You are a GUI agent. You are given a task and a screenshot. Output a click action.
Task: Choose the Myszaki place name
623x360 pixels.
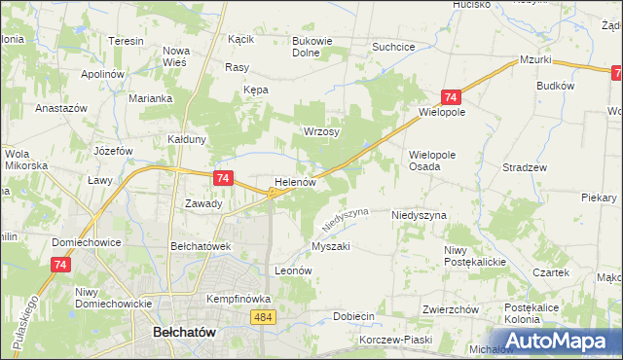pyautogui.click(x=330, y=246)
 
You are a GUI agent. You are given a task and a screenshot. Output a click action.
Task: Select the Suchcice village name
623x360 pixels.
pyautogui.click(x=394, y=47)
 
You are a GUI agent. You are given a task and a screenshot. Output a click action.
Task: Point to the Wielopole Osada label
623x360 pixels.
pyautogui.click(x=438, y=161)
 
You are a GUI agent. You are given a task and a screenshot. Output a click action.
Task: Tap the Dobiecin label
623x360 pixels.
pyautogui.click(x=353, y=316)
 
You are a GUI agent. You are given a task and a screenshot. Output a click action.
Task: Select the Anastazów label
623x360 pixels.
pyautogui.click(x=61, y=108)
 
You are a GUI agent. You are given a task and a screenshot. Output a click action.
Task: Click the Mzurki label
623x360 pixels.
pyautogui.click(x=535, y=59)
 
